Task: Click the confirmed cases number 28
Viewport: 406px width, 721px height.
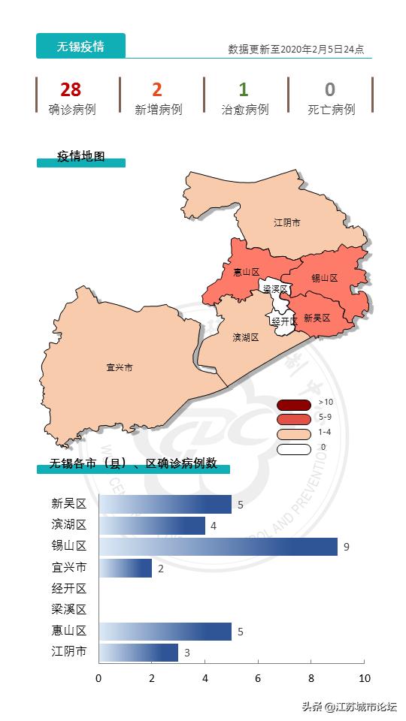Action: coord(71,90)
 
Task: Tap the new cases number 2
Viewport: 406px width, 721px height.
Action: coord(157,90)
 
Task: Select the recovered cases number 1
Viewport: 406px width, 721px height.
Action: coord(244,90)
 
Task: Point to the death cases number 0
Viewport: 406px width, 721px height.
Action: coord(330,90)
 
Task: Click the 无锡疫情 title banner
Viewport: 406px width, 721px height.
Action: coord(80,47)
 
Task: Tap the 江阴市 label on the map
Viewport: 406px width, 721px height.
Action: coord(286,223)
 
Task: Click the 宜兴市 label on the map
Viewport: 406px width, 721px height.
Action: coord(120,368)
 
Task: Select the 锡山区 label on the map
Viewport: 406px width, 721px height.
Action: coord(324,278)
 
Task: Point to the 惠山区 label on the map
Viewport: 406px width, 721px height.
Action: coord(246,272)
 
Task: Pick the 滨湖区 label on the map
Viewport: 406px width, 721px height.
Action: coord(245,337)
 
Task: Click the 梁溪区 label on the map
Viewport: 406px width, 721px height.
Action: coord(274,289)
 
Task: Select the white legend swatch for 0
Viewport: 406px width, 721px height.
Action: coord(293,449)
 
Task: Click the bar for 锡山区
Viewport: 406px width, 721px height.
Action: coord(218,547)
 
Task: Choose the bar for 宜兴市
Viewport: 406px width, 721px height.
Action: coord(126,568)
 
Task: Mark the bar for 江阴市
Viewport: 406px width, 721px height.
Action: coord(138,652)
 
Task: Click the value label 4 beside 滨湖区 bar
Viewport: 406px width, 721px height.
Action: coord(214,526)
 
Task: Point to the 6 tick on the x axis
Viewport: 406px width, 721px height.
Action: coord(258,679)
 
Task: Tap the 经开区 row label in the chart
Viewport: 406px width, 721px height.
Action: coord(69,589)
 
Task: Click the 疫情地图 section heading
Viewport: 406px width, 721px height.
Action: coord(81,157)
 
